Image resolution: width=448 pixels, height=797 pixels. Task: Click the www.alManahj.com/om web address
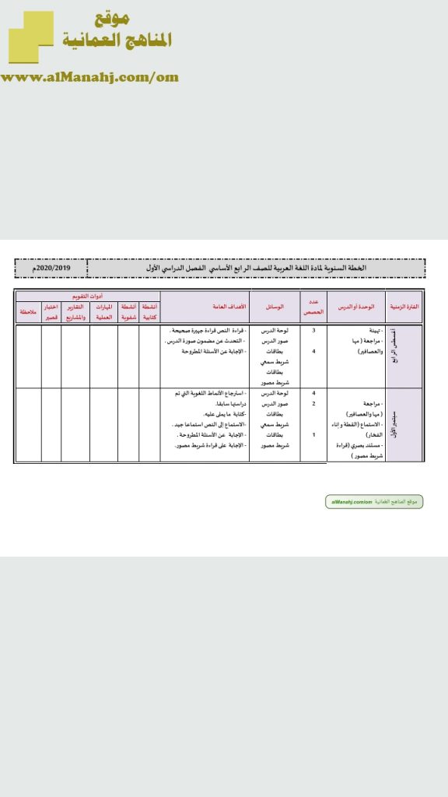pyautogui.click(x=90, y=76)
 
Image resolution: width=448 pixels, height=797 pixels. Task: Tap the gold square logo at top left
pyautogui.click(x=31, y=37)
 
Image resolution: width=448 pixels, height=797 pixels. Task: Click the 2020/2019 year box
pyautogui.click(x=51, y=269)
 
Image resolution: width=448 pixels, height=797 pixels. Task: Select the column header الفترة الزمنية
pyautogui.click(x=404, y=307)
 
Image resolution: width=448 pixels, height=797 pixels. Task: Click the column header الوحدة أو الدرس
pyautogui.click(x=356, y=307)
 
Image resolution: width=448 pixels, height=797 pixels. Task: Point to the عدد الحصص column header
pyautogui.click(x=313, y=307)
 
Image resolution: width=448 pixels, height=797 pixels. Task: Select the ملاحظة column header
pyautogui.click(x=29, y=311)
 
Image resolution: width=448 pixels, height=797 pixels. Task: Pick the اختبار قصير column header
pyautogui.click(x=51, y=311)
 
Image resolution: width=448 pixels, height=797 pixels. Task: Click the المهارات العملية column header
pyautogui.click(x=104, y=311)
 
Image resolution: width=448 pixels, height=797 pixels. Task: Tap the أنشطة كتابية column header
pyautogui.click(x=149, y=311)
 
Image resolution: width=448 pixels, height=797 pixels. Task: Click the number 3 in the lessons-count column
pyautogui.click(x=313, y=331)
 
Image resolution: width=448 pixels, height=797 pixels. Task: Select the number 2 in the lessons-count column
pyautogui.click(x=313, y=403)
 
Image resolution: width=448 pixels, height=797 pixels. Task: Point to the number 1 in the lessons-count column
pyautogui.click(x=313, y=434)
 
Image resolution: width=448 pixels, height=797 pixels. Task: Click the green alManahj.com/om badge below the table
pyautogui.click(x=374, y=502)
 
